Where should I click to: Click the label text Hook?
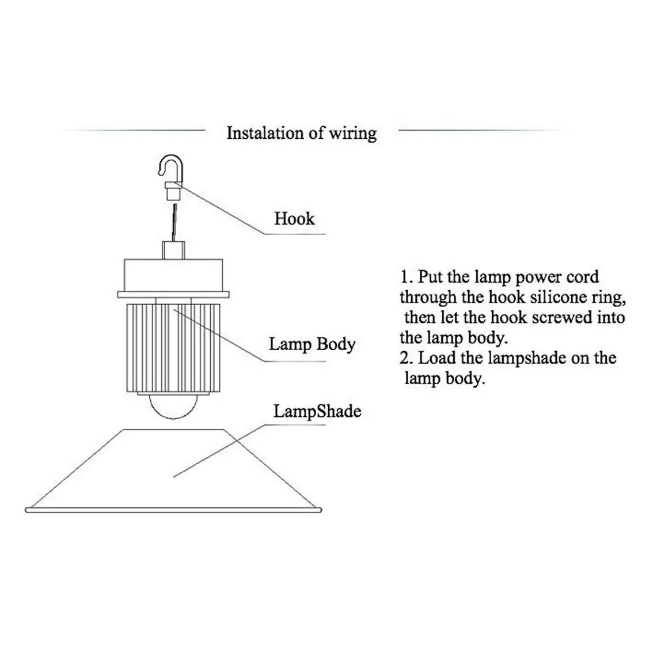tap(294, 219)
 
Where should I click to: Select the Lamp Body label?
tap(312, 344)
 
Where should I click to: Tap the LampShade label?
tap(317, 412)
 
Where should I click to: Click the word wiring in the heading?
tap(353, 133)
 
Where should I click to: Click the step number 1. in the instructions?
tap(407, 277)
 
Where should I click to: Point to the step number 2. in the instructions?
tap(407, 358)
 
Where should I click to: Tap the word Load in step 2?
tap(436, 358)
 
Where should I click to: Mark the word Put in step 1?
tap(431, 277)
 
